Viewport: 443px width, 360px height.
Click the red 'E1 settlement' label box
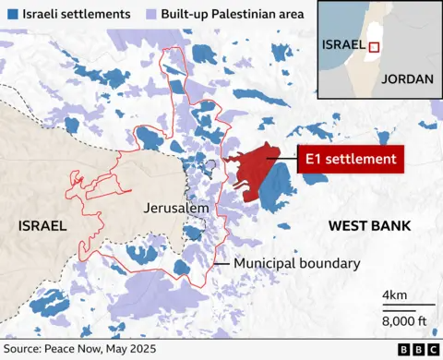[x=351, y=160]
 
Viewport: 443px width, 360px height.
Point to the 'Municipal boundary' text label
[x=296, y=264]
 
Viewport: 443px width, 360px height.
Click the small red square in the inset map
[x=375, y=48]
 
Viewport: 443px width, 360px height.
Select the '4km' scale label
[x=396, y=295]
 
